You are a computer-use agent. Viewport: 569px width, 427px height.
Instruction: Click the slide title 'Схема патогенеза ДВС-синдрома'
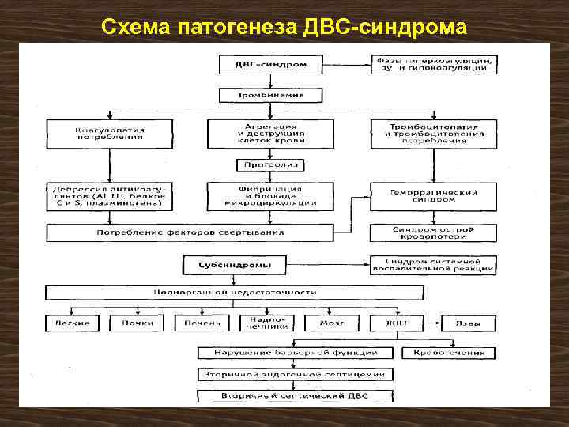(284, 28)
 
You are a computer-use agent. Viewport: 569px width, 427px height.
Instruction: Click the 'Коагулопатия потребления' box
(110, 132)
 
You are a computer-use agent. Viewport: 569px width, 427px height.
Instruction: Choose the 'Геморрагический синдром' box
(434, 196)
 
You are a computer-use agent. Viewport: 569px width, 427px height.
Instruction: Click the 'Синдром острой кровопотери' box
(434, 232)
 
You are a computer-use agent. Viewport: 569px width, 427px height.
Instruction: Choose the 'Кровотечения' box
(448, 353)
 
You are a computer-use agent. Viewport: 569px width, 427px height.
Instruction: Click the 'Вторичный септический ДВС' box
(293, 395)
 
